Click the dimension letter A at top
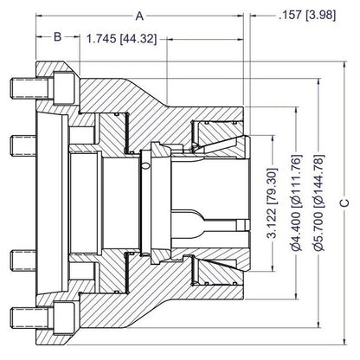pyautogui.click(x=139, y=16)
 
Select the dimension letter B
pyautogui.click(x=58, y=37)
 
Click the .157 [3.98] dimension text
pyautogui.click(x=307, y=15)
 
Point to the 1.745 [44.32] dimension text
pyautogui.click(x=122, y=39)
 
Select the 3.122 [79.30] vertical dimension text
pyautogui.click(x=272, y=203)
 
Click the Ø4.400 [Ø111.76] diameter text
pyautogui.click(x=296, y=202)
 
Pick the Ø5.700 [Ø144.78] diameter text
pyautogui.click(x=318, y=202)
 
